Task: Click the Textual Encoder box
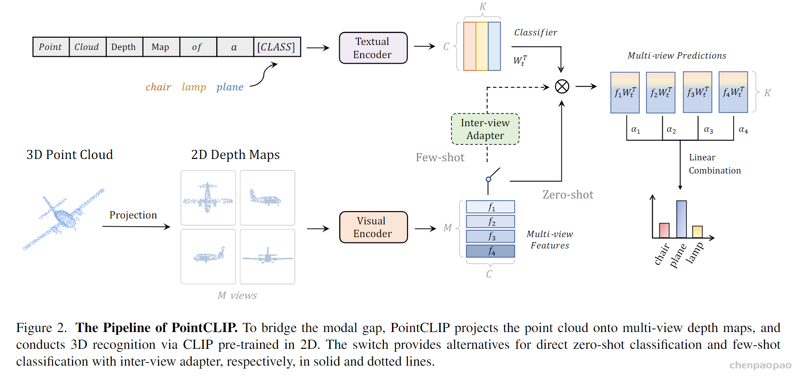373,48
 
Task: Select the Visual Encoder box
373,227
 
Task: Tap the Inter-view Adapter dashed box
485,129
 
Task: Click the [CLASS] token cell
277,47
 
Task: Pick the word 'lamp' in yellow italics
194,87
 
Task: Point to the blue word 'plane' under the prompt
230,87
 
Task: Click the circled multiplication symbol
562,86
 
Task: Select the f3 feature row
491,236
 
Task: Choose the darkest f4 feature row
491,251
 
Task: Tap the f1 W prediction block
625,93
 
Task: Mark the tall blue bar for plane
681,219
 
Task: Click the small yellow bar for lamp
697,232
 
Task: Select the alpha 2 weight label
671,130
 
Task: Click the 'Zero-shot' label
568,195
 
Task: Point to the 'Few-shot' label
440,158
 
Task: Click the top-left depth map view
208,198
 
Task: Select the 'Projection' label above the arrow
133,215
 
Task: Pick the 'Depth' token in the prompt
124,47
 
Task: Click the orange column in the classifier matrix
470,46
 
